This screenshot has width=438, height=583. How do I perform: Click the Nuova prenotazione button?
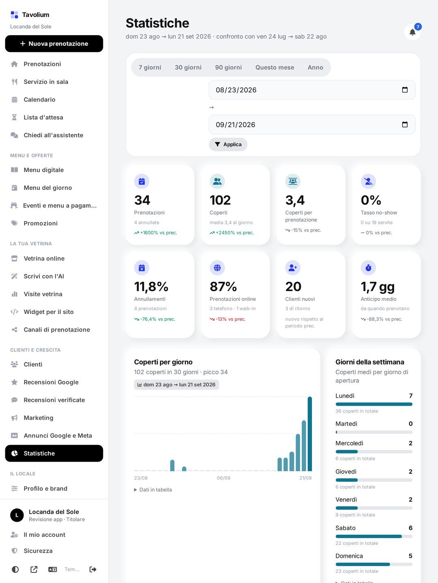point(54,44)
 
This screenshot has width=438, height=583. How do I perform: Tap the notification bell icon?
point(412,32)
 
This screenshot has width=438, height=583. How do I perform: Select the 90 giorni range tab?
point(228,68)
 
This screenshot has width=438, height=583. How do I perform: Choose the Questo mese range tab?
point(275,68)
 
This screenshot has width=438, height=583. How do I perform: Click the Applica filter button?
point(228,145)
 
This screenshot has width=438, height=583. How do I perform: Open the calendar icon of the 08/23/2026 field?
point(404,90)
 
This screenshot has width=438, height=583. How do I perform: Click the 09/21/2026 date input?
point(312,125)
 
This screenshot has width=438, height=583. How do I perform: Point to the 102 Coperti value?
point(220,200)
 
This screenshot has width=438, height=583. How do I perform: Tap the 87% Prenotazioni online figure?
point(223,287)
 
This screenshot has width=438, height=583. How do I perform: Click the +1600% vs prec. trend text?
point(156,233)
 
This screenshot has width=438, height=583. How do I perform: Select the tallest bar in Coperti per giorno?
point(309,434)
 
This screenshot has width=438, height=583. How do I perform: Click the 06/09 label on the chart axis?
point(223,478)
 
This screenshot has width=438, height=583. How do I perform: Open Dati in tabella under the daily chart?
point(153,489)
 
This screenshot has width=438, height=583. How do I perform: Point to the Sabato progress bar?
point(374,536)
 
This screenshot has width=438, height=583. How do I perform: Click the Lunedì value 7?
point(410,396)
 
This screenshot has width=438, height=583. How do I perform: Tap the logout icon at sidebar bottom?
point(93,569)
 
